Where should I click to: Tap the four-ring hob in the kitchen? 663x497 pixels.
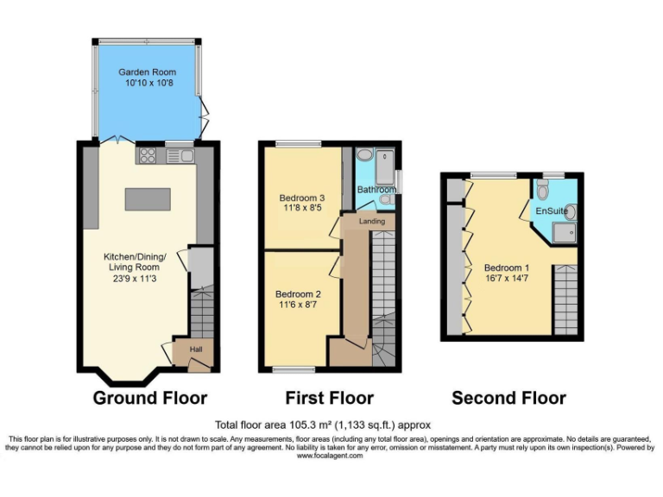point(147,156)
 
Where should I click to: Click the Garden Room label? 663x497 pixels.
point(148,72)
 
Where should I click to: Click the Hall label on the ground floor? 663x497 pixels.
point(196,349)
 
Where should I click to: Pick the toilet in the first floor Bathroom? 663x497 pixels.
point(387,199)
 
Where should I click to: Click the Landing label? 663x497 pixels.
point(372,222)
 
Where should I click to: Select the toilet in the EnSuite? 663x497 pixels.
point(542,190)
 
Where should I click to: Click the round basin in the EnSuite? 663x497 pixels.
point(571,211)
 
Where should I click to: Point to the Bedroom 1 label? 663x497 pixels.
point(507,267)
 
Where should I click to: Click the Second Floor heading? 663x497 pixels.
point(508,398)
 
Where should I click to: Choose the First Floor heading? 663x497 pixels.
point(329,398)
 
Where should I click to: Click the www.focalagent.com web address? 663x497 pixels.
point(331,456)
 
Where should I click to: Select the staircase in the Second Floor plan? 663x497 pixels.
point(565,293)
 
